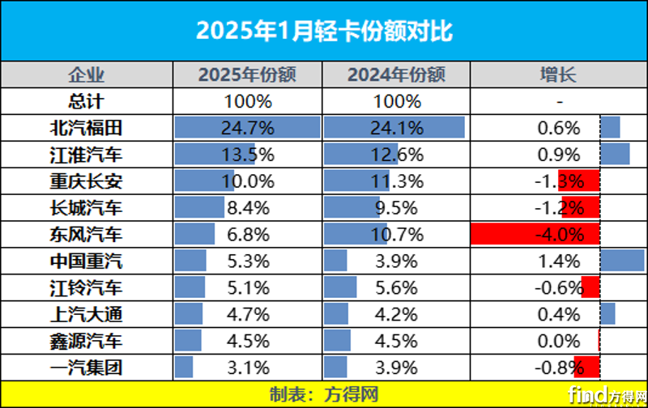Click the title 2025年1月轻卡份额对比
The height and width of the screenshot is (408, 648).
(324, 31)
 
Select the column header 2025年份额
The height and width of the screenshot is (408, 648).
(248, 76)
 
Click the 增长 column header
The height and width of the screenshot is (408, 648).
(558, 76)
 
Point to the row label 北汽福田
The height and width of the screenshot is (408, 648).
(86, 128)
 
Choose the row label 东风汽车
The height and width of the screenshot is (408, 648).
(86, 235)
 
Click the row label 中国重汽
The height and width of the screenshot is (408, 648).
(86, 261)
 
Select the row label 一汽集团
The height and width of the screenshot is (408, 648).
(86, 368)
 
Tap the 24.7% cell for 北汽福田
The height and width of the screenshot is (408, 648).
(248, 128)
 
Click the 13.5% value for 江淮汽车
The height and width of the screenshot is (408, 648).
(248, 155)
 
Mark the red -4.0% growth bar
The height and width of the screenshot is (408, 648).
(535, 235)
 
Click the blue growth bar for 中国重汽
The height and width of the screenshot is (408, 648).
(622, 261)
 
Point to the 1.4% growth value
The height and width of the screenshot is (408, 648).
(559, 261)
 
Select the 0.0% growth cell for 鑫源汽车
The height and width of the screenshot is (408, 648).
(559, 342)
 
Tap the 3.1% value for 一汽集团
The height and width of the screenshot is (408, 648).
(248, 368)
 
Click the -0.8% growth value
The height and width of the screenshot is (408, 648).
(559, 368)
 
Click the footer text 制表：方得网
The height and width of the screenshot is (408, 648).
(324, 394)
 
